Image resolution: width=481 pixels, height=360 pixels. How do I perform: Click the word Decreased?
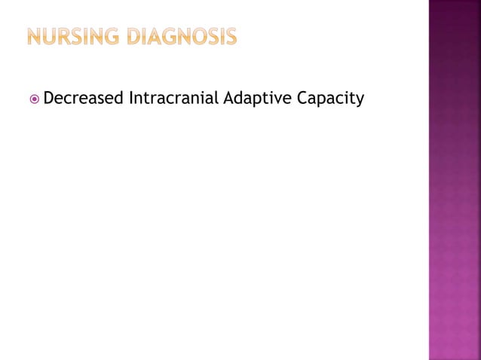coord(84,97)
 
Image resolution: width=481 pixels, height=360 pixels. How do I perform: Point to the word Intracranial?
coord(174,97)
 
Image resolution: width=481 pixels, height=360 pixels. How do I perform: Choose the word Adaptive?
coord(255,98)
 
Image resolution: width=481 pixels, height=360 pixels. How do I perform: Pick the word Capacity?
coord(328,98)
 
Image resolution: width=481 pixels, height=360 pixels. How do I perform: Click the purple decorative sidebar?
coord(455,180)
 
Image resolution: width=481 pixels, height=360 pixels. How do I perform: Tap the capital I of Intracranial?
coord(131,97)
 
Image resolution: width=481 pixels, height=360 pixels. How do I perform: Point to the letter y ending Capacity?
coord(359,99)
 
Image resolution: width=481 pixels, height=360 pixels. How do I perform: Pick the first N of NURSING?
coord(35,35)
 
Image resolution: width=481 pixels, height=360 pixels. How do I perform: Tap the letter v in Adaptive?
coord(275,99)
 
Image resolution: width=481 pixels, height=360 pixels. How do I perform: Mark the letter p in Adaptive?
coord(254,99)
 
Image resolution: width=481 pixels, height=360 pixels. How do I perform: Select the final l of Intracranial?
coord(218,97)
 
